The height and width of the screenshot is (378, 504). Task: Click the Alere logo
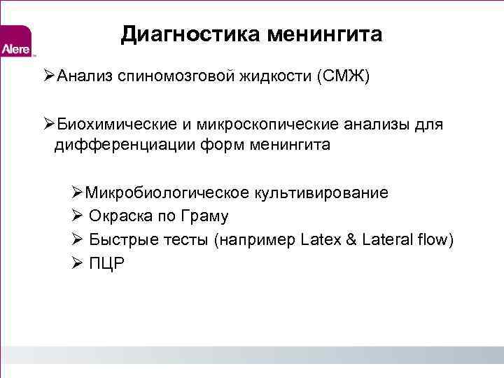point(15,43)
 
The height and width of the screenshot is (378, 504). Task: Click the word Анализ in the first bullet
point(85,76)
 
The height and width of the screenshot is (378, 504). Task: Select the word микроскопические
point(262,125)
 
